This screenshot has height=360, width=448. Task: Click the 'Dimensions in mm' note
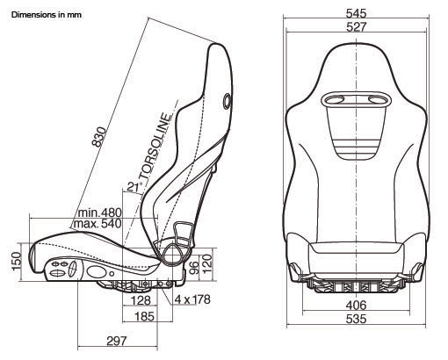pos(47,15)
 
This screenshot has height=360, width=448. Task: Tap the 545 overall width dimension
pos(356,13)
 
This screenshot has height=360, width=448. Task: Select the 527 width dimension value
pos(356,27)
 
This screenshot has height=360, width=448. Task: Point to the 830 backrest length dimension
pos(99,136)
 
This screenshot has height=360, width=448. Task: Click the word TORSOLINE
pos(155,147)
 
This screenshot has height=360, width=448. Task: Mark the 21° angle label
pos(134,187)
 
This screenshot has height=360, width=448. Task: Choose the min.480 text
pos(99,212)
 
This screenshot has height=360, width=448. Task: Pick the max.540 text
pos(98,224)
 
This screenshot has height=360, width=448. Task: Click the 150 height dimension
pos(17,261)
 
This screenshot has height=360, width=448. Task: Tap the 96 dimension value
pos(194,268)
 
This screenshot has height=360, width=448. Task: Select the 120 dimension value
pos(206,263)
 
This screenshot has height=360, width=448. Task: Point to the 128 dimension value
pos(141,300)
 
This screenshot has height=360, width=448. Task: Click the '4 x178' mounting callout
pos(192,299)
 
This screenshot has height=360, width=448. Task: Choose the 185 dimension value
pos(144,316)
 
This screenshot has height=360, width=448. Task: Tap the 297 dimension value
pos(117,341)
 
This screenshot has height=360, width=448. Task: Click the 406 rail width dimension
pos(356,306)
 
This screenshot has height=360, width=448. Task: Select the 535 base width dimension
pos(356,319)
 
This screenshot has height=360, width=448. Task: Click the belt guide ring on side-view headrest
pos(228,101)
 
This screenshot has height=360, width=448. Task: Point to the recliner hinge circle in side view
pos(173,255)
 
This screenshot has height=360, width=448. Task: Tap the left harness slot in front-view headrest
pos(334,100)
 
